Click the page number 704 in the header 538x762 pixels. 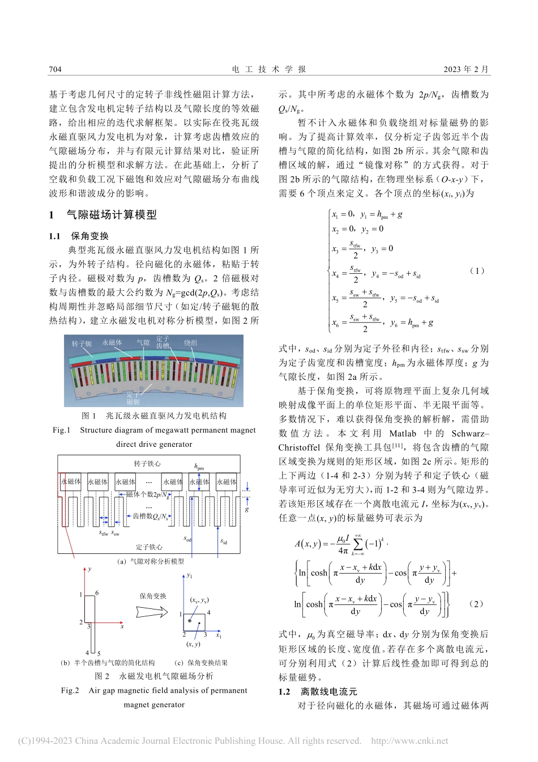point(55,69)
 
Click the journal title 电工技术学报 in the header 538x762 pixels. point(269,69)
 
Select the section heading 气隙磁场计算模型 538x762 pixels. point(112,215)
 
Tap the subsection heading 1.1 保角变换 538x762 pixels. point(79,236)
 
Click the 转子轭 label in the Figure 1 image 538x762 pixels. point(82,344)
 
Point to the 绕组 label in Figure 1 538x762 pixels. point(191,342)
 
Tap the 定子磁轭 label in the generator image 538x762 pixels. point(133,398)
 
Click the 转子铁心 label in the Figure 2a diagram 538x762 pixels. point(147,464)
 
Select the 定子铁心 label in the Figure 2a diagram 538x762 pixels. point(149,547)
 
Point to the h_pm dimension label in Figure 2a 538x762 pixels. point(199,467)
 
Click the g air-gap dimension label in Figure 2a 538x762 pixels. point(247,509)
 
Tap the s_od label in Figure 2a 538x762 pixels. point(187,539)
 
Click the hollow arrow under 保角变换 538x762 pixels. point(152,612)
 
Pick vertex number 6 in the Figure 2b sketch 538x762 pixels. point(97,593)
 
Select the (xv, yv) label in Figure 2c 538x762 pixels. point(199,599)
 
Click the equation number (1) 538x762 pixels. point(477,270)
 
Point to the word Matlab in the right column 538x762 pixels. point(402,433)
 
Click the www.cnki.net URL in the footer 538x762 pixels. point(409,740)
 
